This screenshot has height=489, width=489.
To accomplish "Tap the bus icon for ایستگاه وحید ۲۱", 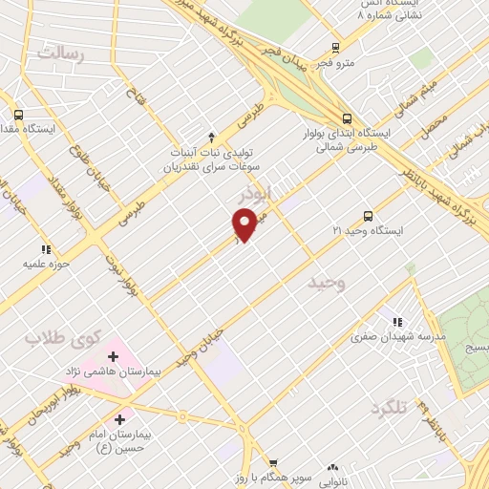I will (x=368, y=216).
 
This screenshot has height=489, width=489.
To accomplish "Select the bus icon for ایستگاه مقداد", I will (x=18, y=115).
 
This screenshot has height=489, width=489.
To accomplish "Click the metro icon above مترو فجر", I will (x=335, y=48).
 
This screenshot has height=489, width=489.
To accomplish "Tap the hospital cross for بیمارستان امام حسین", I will (x=119, y=418).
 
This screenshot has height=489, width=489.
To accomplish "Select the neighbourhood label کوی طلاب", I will (x=62, y=336).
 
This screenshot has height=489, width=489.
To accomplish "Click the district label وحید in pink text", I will (x=327, y=283).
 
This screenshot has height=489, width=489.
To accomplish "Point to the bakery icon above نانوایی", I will (x=332, y=468).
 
